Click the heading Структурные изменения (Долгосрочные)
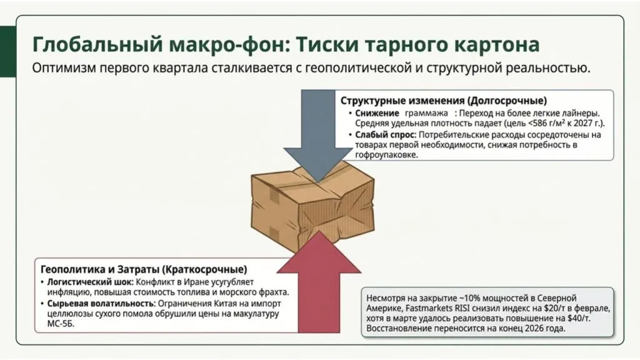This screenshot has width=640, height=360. pos(443,101)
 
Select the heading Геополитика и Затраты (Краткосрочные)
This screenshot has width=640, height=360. pos(143,270)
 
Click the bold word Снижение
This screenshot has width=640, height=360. pos(377,112)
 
